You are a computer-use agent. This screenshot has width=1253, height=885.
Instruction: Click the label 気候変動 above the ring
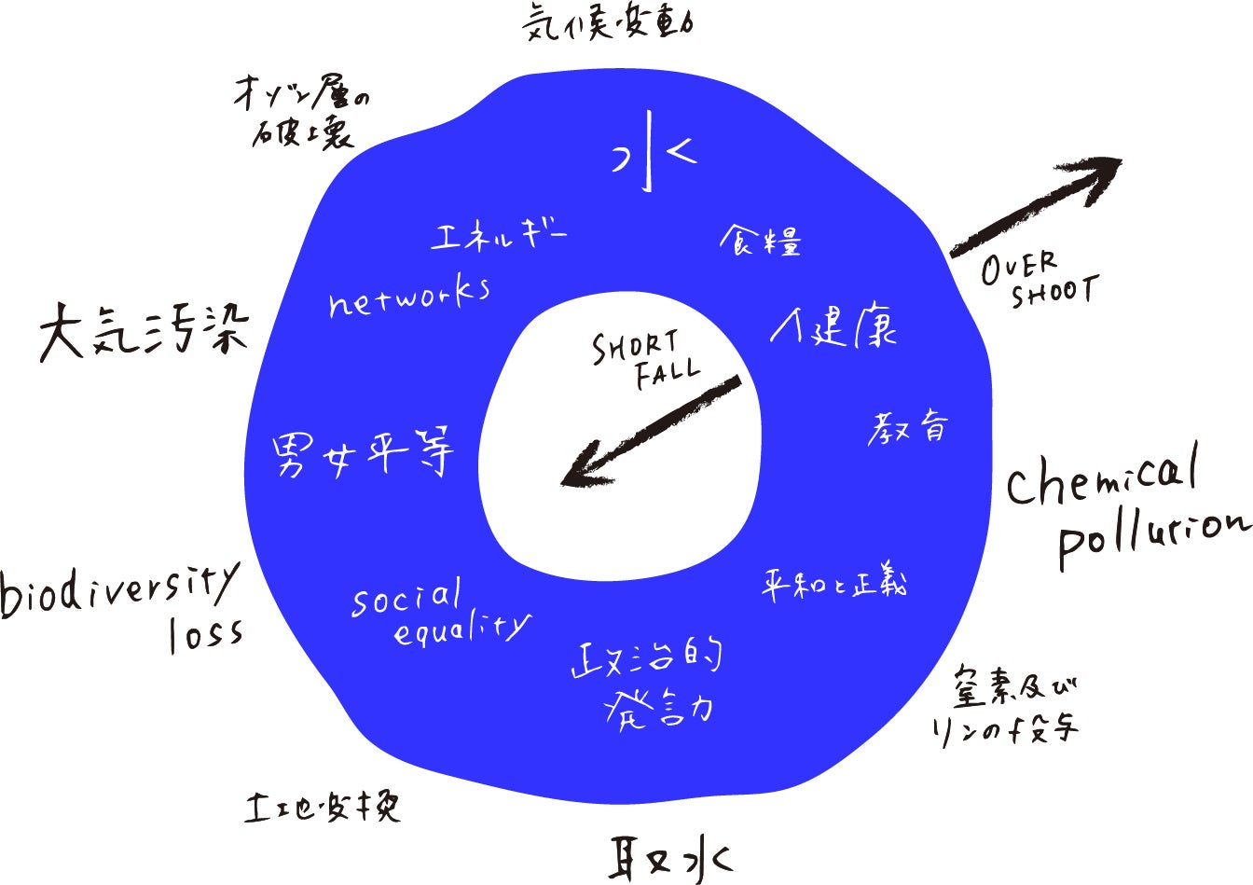pyautogui.click(x=609, y=22)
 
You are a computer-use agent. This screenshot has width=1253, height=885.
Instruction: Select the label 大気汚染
pyautogui.click(x=144, y=331)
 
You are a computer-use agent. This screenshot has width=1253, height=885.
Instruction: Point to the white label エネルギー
pyautogui.click(x=499, y=233)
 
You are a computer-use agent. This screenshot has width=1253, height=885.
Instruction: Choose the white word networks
pyautogui.click(x=409, y=297)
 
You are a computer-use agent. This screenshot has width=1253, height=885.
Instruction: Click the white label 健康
pyautogui.click(x=834, y=326)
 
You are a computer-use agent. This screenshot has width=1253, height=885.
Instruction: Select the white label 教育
pyautogui.click(x=908, y=428)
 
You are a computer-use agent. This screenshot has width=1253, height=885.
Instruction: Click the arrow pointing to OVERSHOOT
pyautogui.click(x=1035, y=206)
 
